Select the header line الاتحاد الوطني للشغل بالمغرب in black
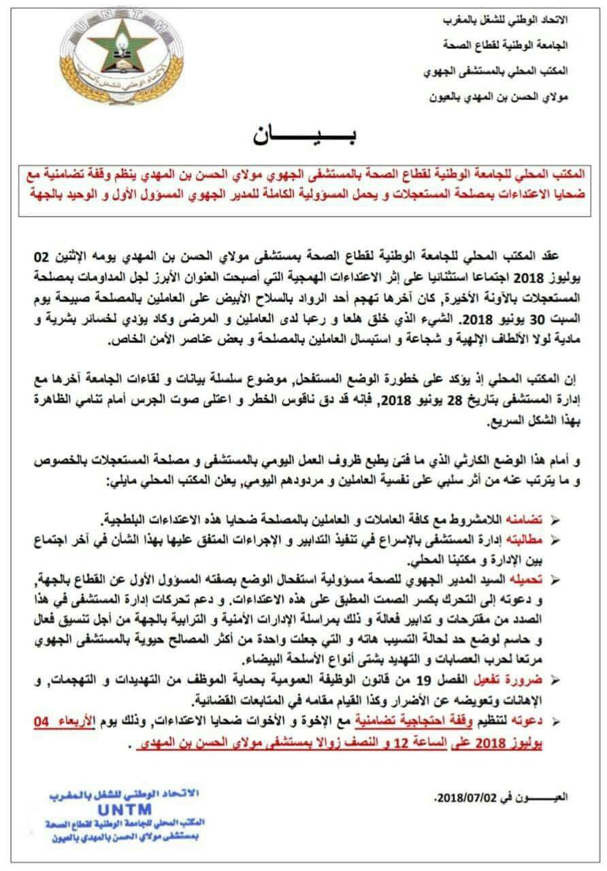[508, 20]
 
